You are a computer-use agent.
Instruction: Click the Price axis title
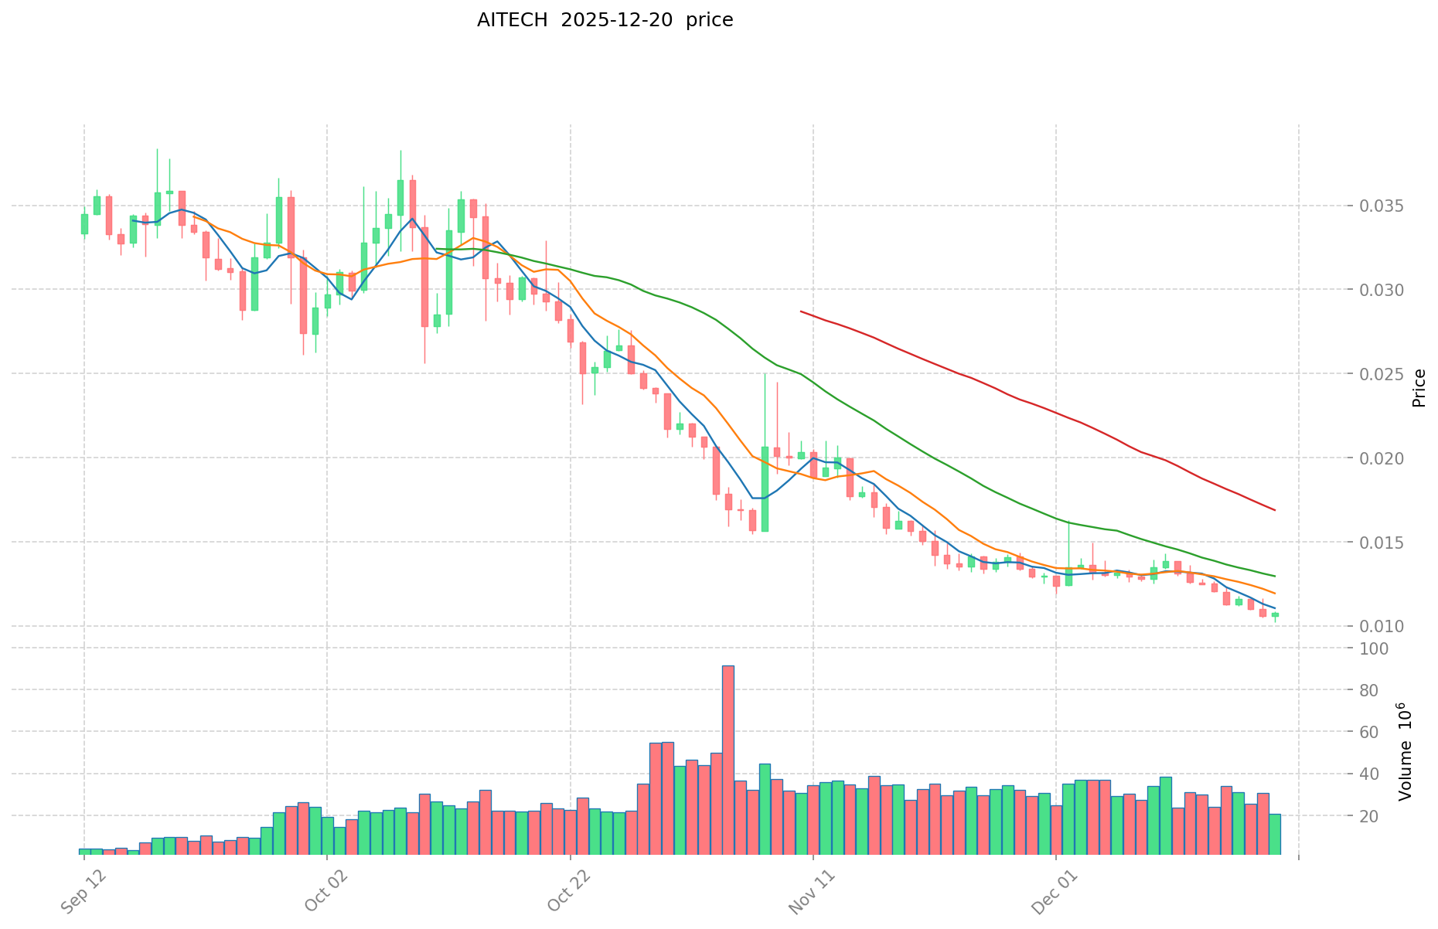[x=1419, y=388]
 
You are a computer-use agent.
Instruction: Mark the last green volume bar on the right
[x=1275, y=834]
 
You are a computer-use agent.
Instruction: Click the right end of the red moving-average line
[x=1274, y=510]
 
